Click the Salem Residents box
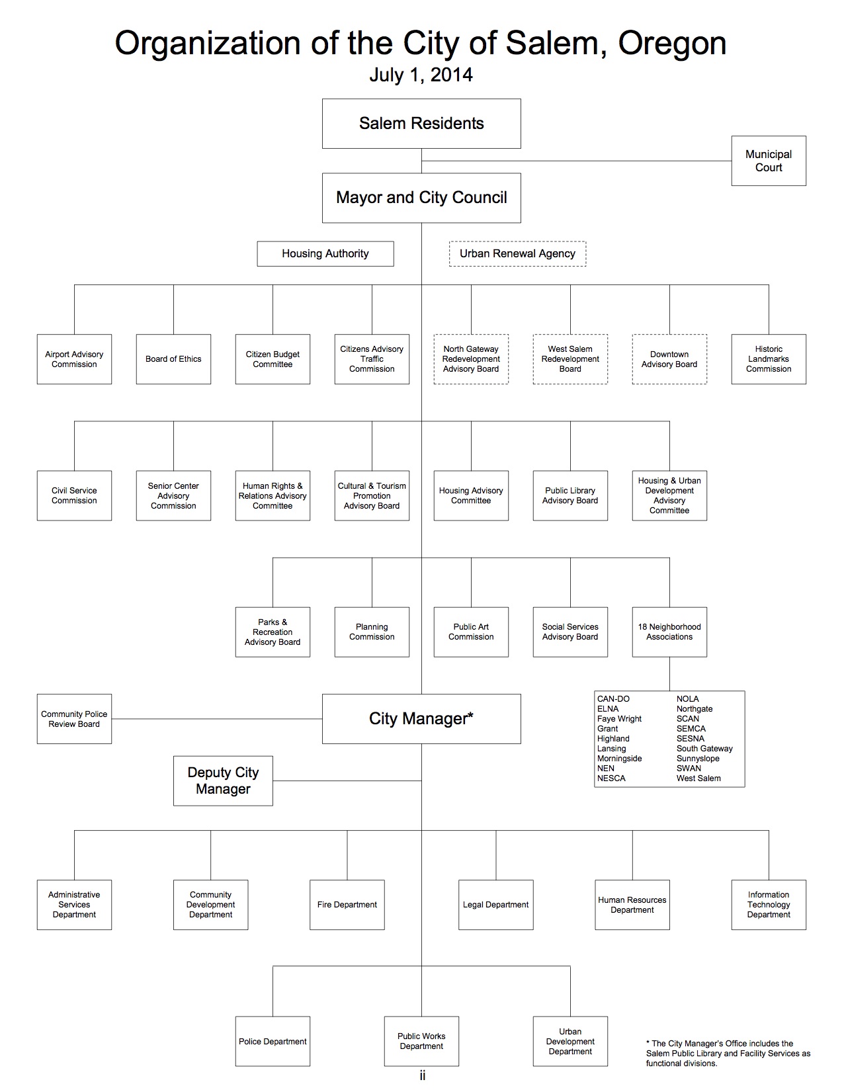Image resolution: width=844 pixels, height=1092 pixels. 421,124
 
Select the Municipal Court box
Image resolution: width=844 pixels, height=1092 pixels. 769,161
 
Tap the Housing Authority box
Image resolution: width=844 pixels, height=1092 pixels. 325,253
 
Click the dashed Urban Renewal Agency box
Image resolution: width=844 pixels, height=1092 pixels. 517,253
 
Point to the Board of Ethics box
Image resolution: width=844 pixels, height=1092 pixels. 173,359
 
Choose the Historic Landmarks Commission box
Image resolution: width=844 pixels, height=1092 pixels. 769,359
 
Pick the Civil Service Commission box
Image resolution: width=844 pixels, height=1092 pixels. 74,495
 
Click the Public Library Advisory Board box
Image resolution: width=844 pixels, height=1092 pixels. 570,495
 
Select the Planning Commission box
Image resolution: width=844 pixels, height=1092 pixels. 372,632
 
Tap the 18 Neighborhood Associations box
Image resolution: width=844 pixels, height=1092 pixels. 669,632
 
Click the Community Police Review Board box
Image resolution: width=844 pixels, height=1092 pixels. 74,719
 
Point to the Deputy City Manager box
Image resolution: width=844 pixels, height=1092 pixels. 223,780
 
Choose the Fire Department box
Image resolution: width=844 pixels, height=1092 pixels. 347,905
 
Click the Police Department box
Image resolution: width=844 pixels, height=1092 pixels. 273,1041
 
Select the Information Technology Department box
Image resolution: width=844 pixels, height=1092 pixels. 769,905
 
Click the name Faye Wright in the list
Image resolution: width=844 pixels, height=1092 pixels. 619,719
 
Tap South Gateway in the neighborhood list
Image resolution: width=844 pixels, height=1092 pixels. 704,749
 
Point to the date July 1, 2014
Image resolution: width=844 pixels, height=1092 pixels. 421,75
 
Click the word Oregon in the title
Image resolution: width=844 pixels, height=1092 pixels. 672,44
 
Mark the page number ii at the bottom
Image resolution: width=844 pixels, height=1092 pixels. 422,1076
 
